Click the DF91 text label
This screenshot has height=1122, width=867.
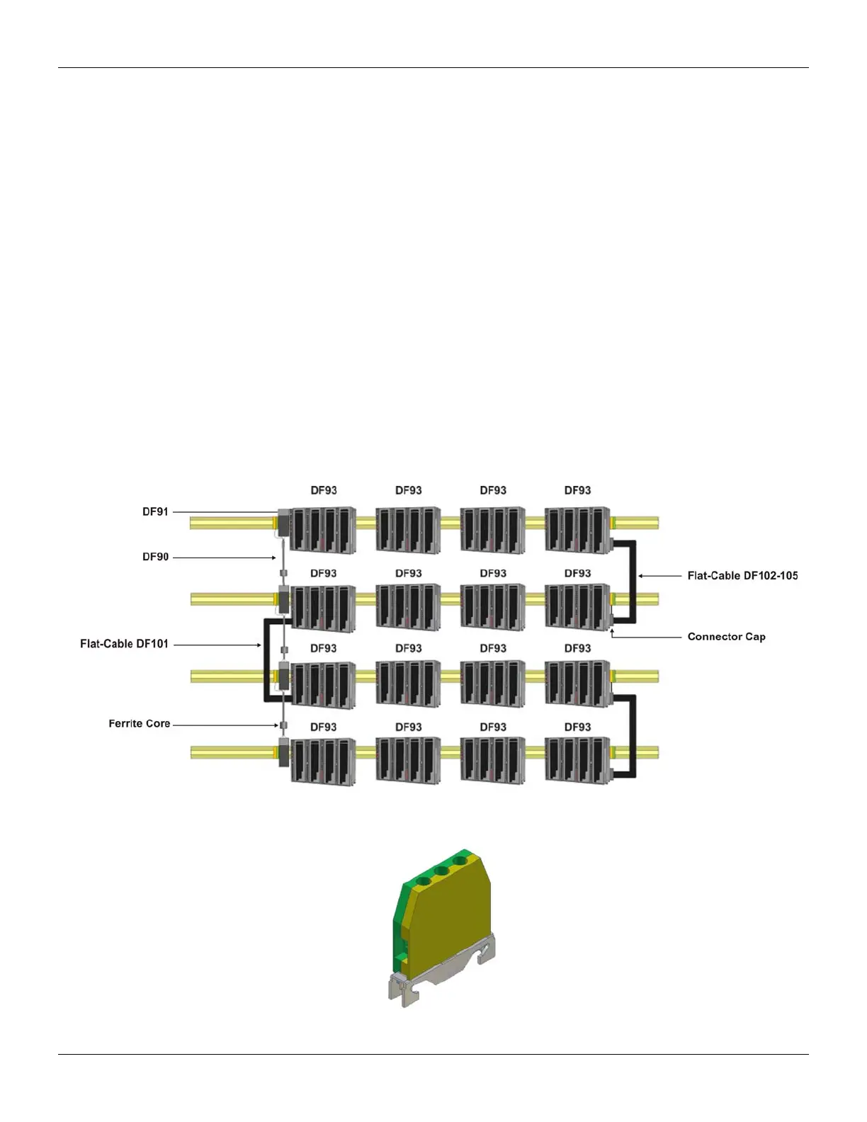pos(155,511)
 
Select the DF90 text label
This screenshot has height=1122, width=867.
pos(155,557)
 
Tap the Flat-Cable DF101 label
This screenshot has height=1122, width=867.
pos(124,645)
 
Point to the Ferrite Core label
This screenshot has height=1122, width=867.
pos(139,724)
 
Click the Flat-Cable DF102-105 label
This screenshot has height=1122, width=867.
pos(742,576)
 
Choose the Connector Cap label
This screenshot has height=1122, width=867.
pos(726,637)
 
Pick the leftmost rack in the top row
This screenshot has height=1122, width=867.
pos(324,530)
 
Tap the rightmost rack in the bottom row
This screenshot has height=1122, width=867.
pos(577,761)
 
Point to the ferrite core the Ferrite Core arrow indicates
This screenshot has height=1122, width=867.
pos(283,725)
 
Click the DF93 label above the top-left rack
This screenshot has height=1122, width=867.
pos(324,490)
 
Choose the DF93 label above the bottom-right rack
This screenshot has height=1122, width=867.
pos(577,727)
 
